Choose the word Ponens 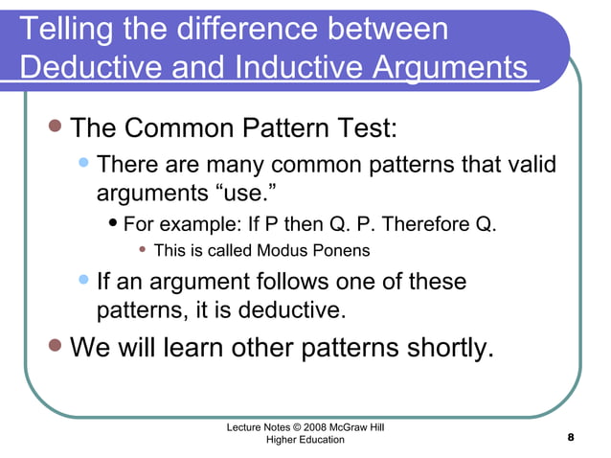(x=339, y=252)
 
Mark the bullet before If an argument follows (x=85, y=281)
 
